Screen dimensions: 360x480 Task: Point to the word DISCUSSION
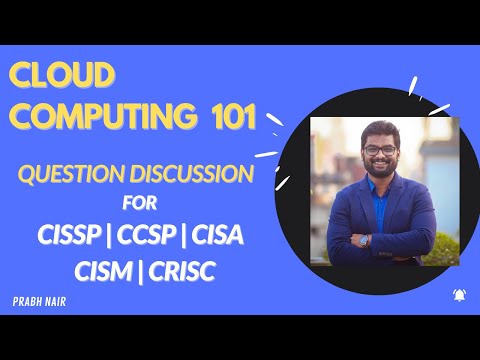tap(196, 173)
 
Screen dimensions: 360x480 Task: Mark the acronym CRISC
tap(189, 270)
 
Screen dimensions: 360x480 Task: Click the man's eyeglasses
tap(379, 150)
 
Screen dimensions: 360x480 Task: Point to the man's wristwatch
tap(362, 240)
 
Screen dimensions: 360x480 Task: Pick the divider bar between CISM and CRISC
tap(143, 270)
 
